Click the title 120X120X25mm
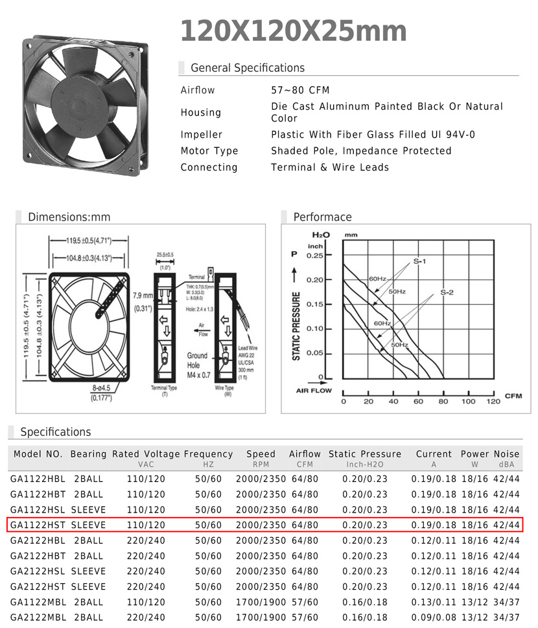(x=293, y=31)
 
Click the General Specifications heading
(x=247, y=68)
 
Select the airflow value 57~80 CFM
(x=300, y=90)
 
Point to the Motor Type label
(x=209, y=151)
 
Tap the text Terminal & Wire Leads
(x=330, y=167)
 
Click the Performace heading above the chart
(x=322, y=217)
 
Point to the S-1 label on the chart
(x=419, y=261)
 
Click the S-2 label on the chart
(x=447, y=293)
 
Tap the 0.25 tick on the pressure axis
(x=315, y=256)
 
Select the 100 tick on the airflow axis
(x=468, y=402)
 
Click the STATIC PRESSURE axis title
(x=296, y=326)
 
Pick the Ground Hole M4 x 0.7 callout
(x=198, y=365)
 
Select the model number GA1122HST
(x=38, y=525)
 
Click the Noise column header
(x=507, y=454)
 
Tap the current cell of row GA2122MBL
(x=434, y=618)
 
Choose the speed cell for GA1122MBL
(x=261, y=602)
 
